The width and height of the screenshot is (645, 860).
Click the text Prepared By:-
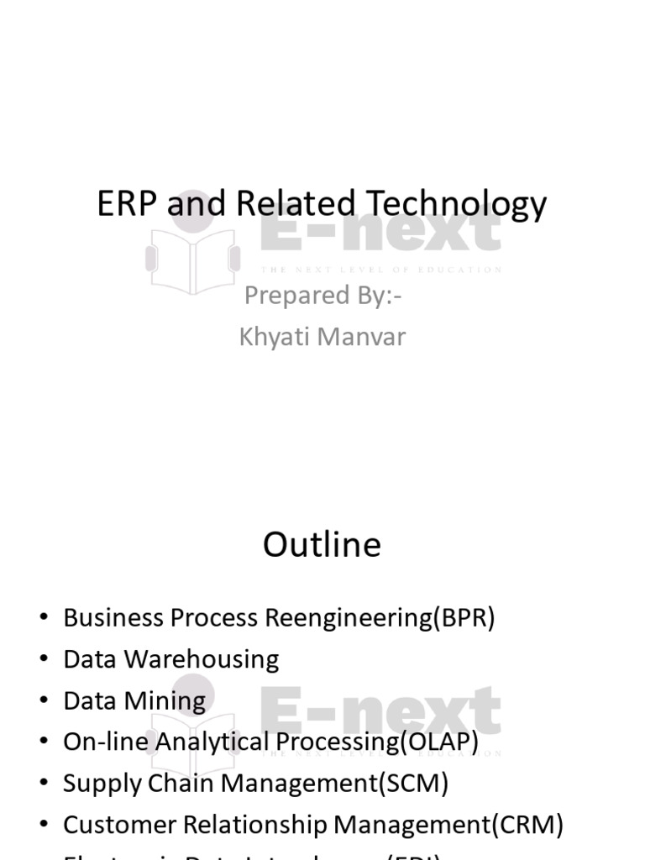pyautogui.click(x=322, y=296)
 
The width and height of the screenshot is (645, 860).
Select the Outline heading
pyautogui.click(x=322, y=545)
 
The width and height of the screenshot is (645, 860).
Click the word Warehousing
pyautogui.click(x=202, y=659)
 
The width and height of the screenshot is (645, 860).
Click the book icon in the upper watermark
pyautogui.click(x=192, y=256)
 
